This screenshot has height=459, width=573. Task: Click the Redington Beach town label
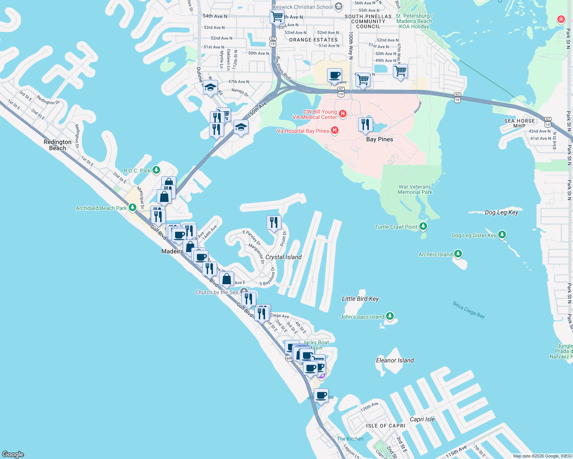tap(57, 145)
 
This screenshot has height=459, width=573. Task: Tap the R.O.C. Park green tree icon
tap(156, 170)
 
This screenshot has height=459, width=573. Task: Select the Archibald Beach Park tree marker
tap(133, 208)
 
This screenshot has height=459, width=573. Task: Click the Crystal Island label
tap(283, 257)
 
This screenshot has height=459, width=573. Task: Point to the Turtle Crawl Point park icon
tap(423, 226)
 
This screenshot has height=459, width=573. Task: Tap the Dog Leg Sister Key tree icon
tap(502, 235)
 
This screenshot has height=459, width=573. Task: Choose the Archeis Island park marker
tap(458, 254)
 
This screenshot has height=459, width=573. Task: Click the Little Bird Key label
tap(360, 299)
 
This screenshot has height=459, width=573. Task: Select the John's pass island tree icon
tap(390, 316)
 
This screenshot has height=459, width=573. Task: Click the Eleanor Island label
tap(395, 360)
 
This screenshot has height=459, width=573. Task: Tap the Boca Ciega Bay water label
tap(469, 310)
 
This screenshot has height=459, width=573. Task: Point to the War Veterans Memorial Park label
tap(415, 189)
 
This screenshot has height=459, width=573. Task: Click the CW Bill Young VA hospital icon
tap(343, 114)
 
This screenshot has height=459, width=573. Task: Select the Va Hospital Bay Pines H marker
tap(335, 131)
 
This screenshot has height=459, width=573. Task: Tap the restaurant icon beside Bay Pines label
tap(365, 125)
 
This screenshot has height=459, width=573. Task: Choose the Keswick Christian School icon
tap(338, 7)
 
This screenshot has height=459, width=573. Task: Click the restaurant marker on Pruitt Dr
tap(274, 222)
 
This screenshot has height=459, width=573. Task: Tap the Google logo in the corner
tap(13, 454)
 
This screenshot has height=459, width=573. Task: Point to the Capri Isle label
tap(422, 419)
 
